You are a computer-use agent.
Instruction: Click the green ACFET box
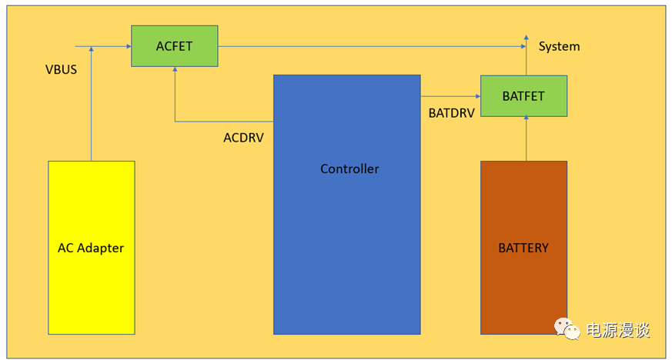coord(174,45)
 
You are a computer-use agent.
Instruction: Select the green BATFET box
coord(523,96)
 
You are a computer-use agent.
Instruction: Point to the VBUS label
coord(61,70)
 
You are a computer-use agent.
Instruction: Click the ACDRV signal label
coord(245,138)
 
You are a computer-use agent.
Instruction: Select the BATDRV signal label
coord(451,112)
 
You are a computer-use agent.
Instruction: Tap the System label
coord(559,46)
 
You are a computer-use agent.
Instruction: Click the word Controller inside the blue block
coord(349,168)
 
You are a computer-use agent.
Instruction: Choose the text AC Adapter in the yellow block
coord(91,248)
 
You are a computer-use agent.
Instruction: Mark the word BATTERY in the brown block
coord(523,248)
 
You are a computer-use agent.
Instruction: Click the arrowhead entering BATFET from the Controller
coord(477,96)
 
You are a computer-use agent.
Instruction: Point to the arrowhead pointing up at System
coord(527,37)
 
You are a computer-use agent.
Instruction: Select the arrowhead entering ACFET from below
coord(175,69)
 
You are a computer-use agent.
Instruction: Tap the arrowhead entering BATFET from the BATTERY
coord(527,119)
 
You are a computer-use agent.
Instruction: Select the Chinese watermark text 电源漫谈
coord(618,330)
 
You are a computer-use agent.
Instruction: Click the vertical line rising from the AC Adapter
coord(91,108)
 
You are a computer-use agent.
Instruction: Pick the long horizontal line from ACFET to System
coord(369,46)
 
